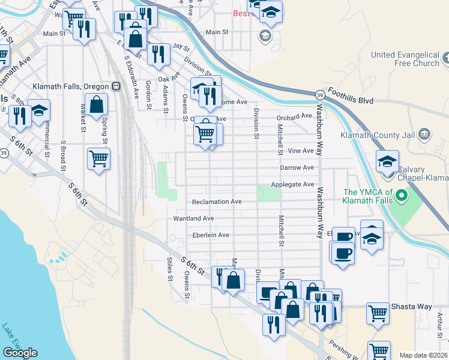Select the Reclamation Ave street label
[x=217, y=202]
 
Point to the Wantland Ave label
[x=193, y=219]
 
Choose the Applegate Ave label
[x=292, y=184]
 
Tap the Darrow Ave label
[x=297, y=168]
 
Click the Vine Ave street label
[x=301, y=151]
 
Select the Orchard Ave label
[x=294, y=116]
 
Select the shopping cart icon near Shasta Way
[x=378, y=312]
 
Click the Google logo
[x=20, y=353]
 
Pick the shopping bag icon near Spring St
[x=96, y=105]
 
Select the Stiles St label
[x=170, y=269]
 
